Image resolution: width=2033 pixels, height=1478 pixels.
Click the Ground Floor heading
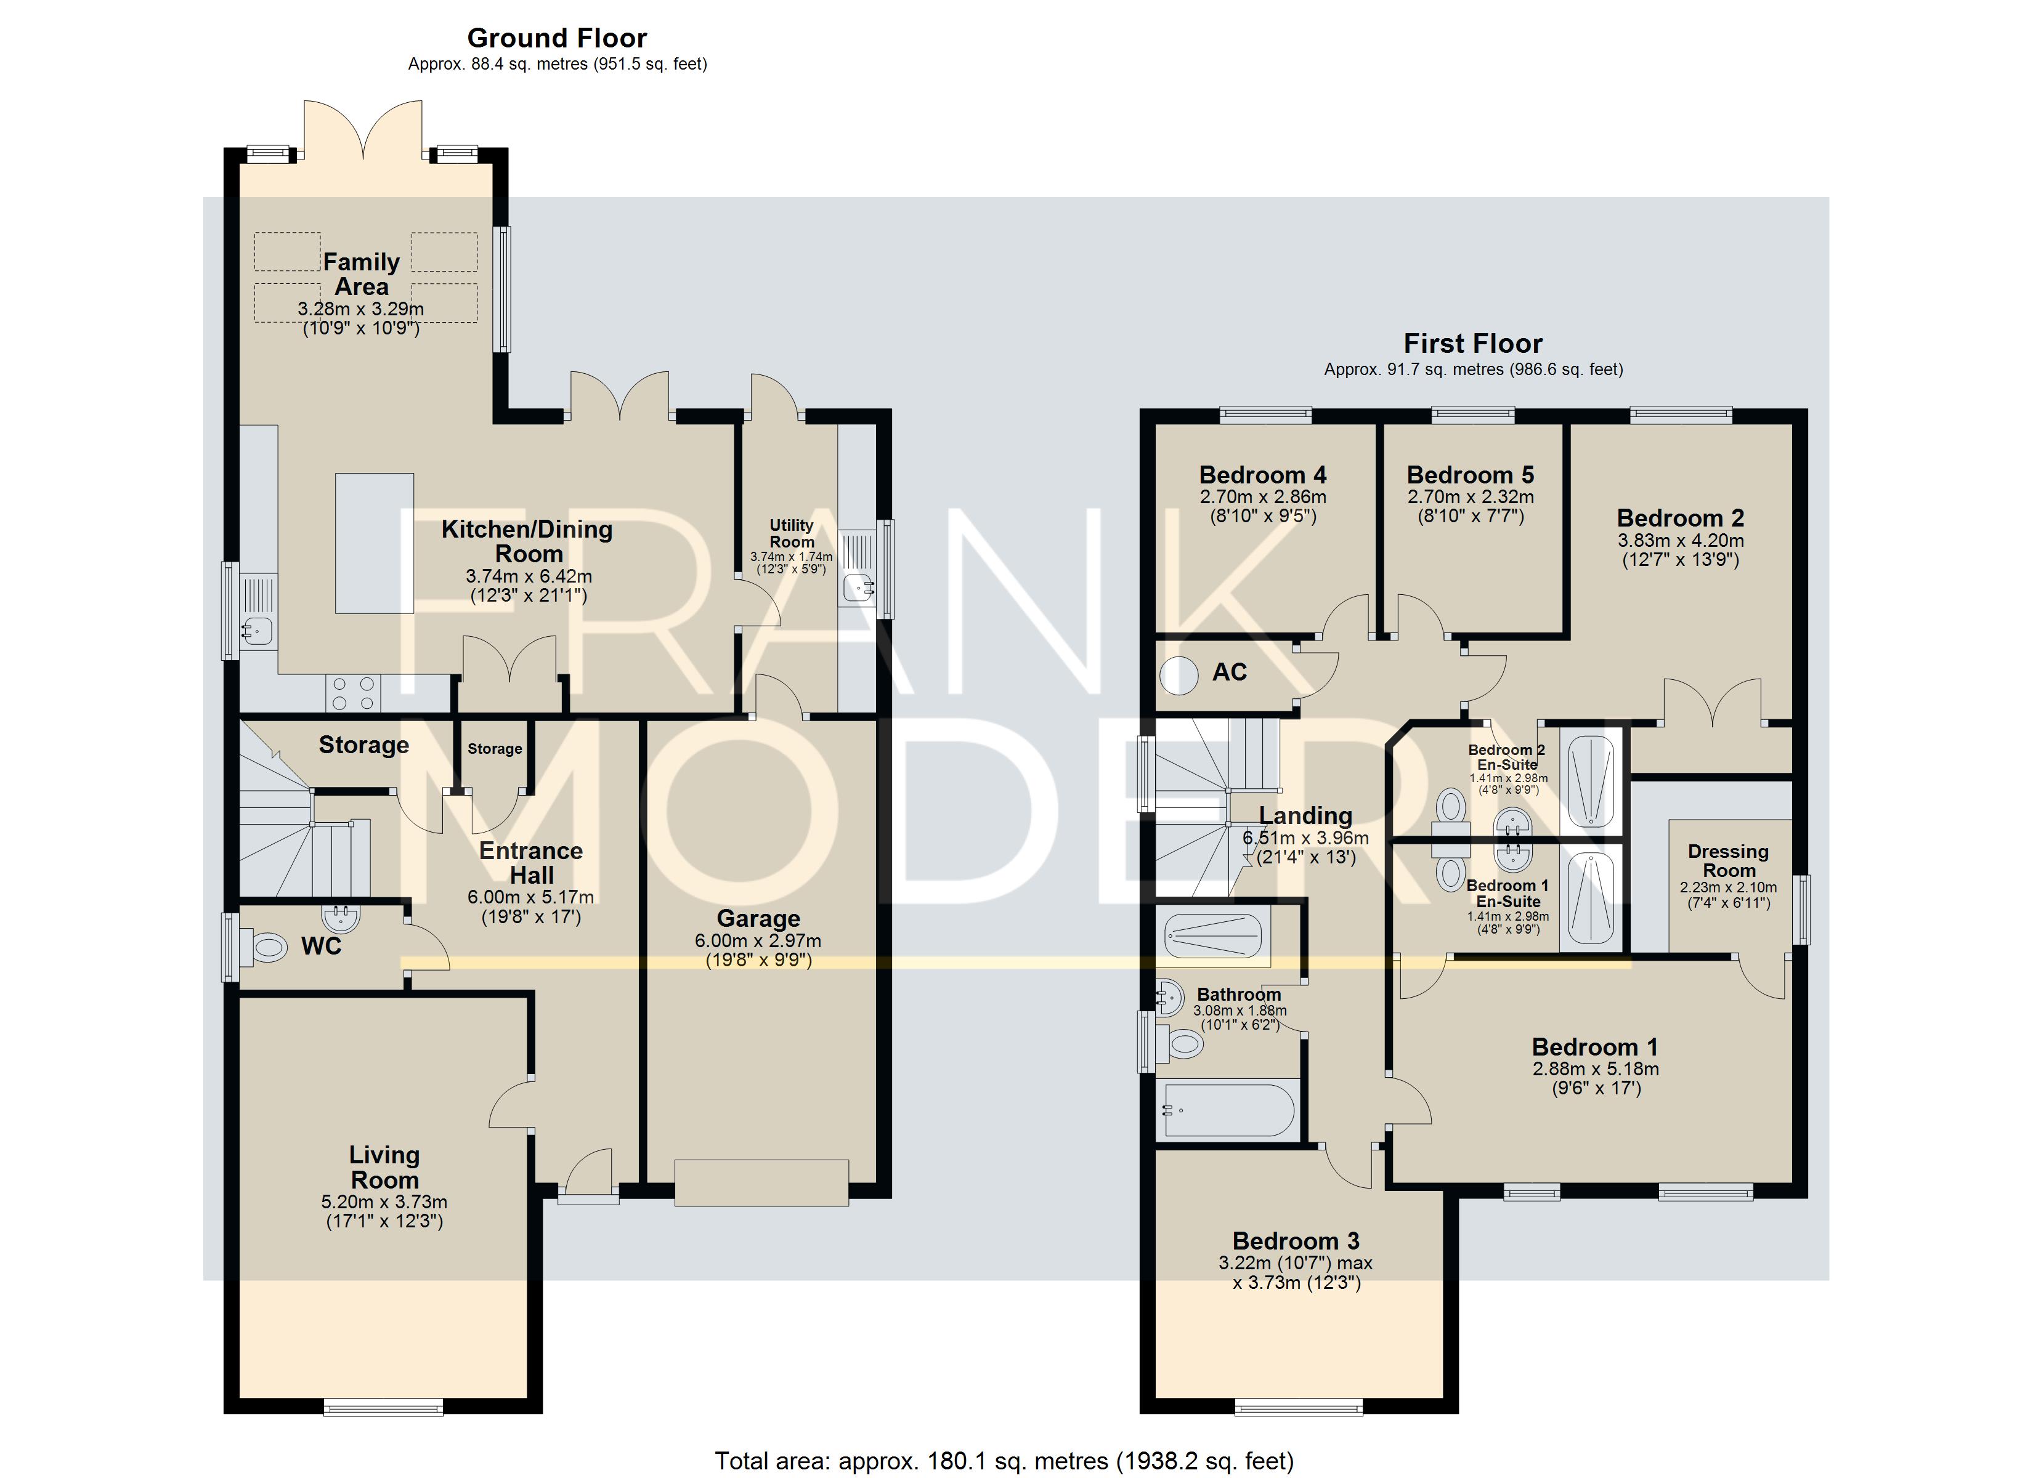tap(557, 39)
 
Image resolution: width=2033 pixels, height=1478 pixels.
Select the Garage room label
tap(758, 919)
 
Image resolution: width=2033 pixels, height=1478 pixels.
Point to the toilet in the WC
tap(268, 947)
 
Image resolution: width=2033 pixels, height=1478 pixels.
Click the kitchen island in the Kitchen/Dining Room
tap(375, 543)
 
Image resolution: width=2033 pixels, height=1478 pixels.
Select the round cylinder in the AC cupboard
tap(1179, 676)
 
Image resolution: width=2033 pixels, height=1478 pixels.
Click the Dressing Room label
tap(1728, 860)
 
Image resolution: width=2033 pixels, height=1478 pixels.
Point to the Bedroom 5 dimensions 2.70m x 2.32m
tap(1470, 496)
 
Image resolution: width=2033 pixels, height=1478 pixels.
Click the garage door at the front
tap(762, 1182)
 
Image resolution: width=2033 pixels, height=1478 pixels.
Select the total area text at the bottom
tap(1004, 1461)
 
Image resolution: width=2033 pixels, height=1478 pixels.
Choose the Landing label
tap(1305, 815)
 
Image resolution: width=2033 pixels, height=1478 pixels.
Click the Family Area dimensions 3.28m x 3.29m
tap(361, 309)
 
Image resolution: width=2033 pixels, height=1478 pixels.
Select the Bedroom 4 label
tap(1262, 475)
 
